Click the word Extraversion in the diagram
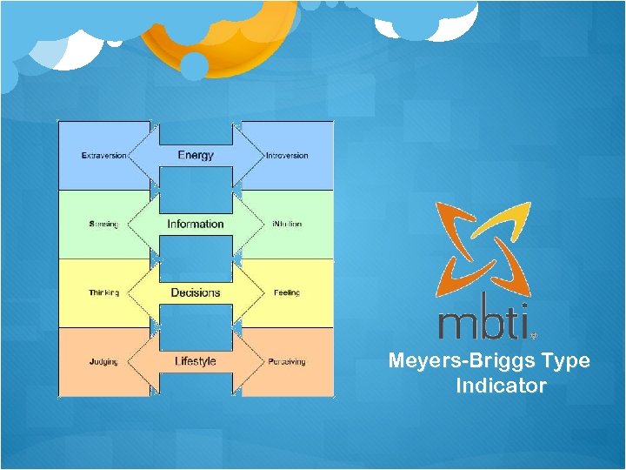click(103, 156)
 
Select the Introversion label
click(287, 156)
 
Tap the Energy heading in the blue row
click(196, 155)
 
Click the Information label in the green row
click(196, 224)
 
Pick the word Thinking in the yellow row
click(104, 293)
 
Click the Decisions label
click(196, 292)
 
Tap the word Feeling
click(287, 293)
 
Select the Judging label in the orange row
click(103, 362)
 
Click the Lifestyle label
click(196, 361)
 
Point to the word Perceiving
click(287, 362)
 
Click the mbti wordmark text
click(483, 321)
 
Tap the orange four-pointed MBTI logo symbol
click(483, 248)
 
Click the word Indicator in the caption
click(501, 386)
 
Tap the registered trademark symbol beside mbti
click(533, 333)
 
